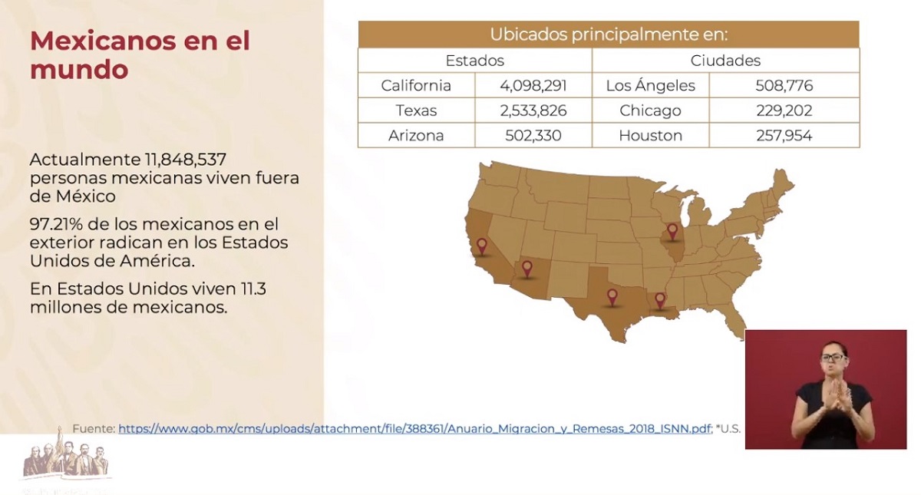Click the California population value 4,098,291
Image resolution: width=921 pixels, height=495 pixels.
533,86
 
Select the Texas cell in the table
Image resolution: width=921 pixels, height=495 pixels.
416,111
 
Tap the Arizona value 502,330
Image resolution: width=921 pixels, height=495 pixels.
533,136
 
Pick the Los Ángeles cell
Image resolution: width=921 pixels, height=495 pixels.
650,86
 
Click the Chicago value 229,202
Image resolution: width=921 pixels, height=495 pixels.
784,111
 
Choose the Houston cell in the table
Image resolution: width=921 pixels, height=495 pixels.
650,136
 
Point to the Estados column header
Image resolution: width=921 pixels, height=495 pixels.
474,61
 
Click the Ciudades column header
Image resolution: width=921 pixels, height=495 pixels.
725,61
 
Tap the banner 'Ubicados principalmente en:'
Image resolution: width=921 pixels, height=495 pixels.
608,35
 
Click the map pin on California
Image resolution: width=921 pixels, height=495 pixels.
482,246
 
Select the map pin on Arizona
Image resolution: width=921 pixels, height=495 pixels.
527,268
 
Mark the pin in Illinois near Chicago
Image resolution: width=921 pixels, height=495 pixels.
673,230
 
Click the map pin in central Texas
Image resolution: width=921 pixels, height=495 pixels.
612,295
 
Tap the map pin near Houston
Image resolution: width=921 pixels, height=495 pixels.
659,299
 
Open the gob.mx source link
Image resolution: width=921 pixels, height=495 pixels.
414,429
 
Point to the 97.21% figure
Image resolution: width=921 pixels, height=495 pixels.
54,225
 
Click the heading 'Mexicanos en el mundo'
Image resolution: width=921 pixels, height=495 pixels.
140,54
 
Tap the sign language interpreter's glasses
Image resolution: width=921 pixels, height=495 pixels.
833,358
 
